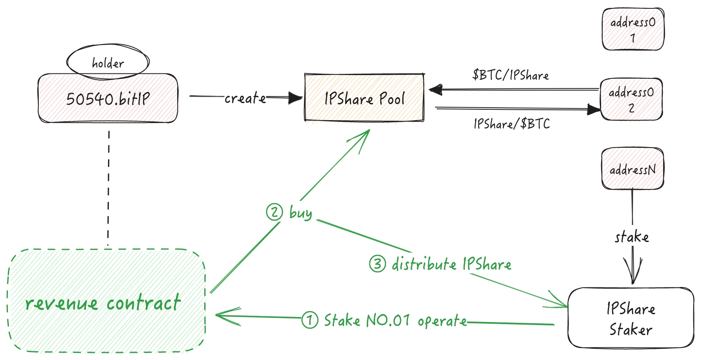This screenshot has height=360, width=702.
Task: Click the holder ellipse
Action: point(108,62)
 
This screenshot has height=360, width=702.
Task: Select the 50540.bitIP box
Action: point(108,98)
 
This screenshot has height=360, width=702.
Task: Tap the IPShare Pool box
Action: point(364,98)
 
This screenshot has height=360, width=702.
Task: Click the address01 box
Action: point(633,29)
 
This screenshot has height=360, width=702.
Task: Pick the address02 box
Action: point(631,99)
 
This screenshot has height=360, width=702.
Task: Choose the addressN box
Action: point(632,169)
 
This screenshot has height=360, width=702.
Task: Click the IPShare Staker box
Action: point(631,318)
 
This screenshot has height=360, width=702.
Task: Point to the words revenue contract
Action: point(103,303)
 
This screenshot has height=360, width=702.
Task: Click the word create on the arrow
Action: point(245,98)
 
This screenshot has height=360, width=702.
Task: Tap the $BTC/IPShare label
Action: point(510,75)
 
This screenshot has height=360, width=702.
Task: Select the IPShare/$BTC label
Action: point(511,124)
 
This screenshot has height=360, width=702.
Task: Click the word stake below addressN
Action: point(632,237)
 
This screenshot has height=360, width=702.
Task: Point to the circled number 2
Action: point(274,212)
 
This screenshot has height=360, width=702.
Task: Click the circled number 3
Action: point(377,264)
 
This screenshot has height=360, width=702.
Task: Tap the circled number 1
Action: point(310,320)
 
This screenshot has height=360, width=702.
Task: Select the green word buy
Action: point(301,213)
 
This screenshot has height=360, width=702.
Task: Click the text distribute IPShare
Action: point(451,264)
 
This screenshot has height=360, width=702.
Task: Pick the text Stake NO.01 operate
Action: point(395,320)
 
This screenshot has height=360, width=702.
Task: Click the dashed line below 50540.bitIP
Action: point(109,188)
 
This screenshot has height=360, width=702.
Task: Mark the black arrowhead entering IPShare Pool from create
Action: point(296,98)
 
